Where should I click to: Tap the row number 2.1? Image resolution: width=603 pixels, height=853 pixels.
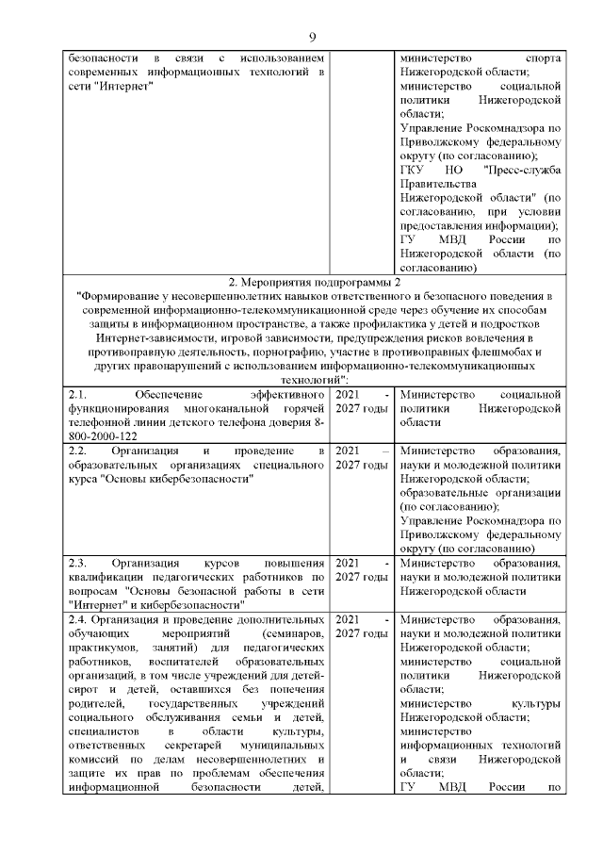[x=77, y=395]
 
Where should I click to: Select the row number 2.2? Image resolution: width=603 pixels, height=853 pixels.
[x=77, y=450]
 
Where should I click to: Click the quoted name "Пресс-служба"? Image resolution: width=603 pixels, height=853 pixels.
[x=522, y=170]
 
